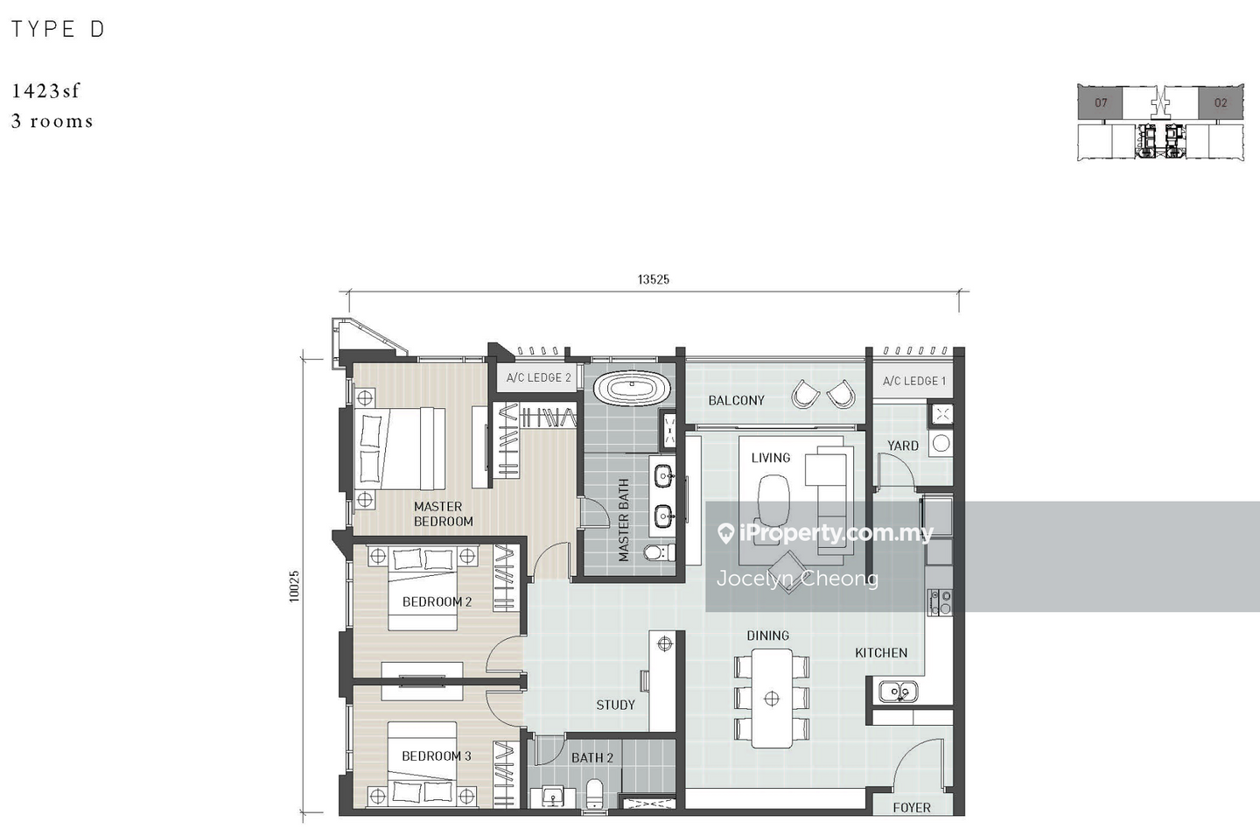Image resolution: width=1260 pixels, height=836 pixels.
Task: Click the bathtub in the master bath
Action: (633, 388)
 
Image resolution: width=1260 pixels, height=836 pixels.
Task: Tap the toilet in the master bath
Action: (659, 552)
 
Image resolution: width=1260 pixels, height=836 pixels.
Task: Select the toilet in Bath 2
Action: (594, 793)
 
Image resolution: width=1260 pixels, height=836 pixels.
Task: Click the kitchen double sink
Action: (899, 691)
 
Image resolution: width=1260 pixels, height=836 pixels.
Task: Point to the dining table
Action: (772, 699)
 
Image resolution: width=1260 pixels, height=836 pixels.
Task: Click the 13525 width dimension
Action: (653, 279)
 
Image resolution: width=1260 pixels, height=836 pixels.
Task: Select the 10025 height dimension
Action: (294, 587)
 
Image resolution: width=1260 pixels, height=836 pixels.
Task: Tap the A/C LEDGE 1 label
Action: (914, 381)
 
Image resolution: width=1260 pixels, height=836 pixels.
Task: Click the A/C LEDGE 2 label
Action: (538, 377)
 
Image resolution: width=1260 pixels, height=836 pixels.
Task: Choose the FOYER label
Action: (912, 808)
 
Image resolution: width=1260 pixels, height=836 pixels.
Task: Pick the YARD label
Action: (903, 446)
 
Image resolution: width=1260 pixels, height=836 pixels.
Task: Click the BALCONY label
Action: (737, 401)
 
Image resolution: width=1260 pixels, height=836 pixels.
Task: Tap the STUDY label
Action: (615, 705)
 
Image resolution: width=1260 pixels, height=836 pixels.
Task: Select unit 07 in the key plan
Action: (1100, 102)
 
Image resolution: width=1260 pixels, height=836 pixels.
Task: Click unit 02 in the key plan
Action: (1221, 102)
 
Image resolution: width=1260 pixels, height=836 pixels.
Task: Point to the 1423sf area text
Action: (45, 90)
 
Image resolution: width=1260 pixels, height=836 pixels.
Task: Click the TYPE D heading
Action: (58, 29)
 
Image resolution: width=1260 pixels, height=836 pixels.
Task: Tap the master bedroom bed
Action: (400, 448)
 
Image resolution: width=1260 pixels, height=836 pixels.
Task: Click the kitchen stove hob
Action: (940, 602)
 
